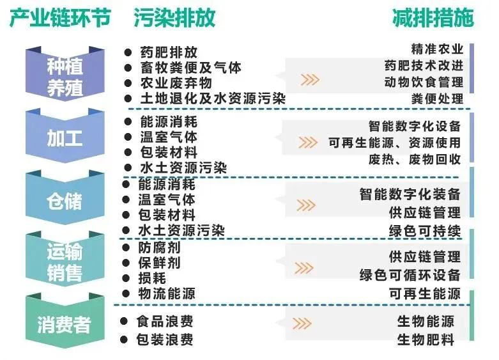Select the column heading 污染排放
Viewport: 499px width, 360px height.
point(174,19)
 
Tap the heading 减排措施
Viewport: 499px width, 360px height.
point(433,19)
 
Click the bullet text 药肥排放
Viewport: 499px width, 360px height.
point(169,53)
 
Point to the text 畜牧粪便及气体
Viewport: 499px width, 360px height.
point(191,68)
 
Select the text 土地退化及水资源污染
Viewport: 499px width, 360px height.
point(213,98)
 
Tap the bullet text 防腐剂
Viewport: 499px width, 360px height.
point(160,247)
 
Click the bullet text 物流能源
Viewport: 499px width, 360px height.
point(167,293)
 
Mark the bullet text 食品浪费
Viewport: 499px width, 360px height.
point(165,322)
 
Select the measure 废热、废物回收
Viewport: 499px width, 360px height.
point(415,159)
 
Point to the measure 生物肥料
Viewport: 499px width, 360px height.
point(426,339)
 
